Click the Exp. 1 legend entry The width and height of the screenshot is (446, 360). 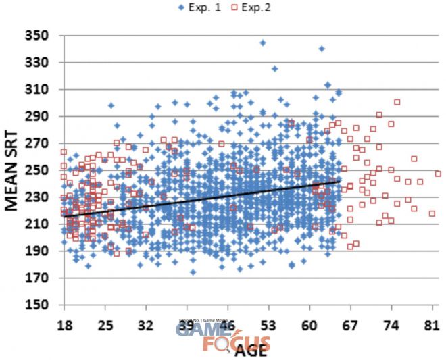(x=200, y=7)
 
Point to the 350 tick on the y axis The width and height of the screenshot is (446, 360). (x=39, y=36)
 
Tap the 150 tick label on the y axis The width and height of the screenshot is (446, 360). (x=39, y=305)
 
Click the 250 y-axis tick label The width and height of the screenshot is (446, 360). (x=39, y=170)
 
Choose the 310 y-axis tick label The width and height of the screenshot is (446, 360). (x=39, y=90)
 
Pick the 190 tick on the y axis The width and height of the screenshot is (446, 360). (x=39, y=251)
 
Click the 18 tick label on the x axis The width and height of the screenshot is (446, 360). (x=65, y=325)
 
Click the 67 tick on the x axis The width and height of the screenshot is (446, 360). (x=350, y=325)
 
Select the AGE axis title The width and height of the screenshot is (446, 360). (x=252, y=350)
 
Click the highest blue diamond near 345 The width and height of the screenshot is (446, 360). (x=263, y=43)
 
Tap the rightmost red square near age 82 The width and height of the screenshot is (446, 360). (x=439, y=174)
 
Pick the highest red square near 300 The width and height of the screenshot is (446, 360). (x=397, y=102)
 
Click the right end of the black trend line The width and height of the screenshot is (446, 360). (x=339, y=181)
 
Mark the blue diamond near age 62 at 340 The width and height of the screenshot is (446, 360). (x=322, y=49)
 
